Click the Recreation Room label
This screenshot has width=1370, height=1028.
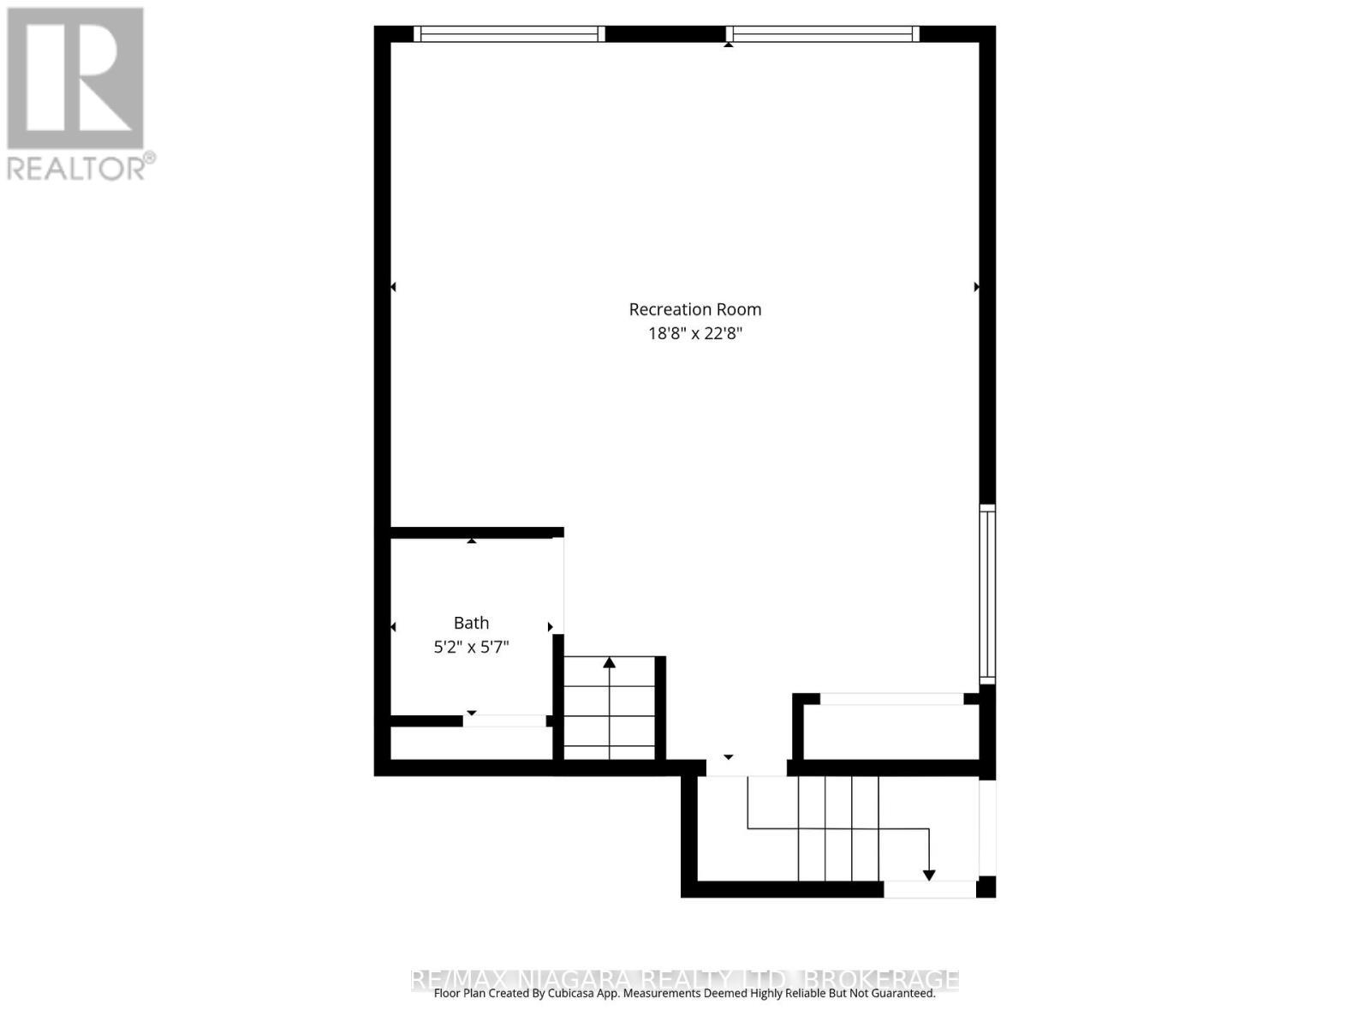pos(694,309)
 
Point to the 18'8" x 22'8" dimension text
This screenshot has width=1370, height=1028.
pos(694,333)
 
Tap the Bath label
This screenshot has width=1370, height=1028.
pos(471,623)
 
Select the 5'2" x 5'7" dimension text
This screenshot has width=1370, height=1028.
pos(471,647)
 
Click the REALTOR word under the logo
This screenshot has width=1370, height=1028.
pos(77,167)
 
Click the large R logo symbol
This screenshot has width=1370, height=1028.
pos(75,78)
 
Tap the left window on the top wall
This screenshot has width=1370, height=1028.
pos(509,34)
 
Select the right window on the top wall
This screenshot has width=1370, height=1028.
pos(823,34)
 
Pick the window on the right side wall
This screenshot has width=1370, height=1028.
pos(987,594)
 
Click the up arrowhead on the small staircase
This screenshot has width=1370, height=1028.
pos(609,662)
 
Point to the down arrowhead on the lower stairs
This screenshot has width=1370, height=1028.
pos(929,876)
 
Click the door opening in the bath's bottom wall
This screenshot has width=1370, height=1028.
pos(504,721)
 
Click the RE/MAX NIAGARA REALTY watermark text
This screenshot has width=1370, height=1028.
pos(685,978)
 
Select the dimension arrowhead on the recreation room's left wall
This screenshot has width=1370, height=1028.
pos(393,287)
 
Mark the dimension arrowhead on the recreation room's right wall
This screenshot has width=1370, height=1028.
pos(976,287)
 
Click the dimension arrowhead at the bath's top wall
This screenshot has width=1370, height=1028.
pos(471,541)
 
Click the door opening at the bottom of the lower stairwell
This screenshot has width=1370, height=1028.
pos(929,890)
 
